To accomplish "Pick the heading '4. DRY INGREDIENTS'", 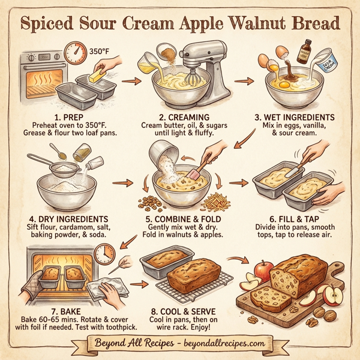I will click(64, 220).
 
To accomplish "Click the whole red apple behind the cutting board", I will click(262, 271).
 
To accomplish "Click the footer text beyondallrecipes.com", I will click(222, 344).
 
